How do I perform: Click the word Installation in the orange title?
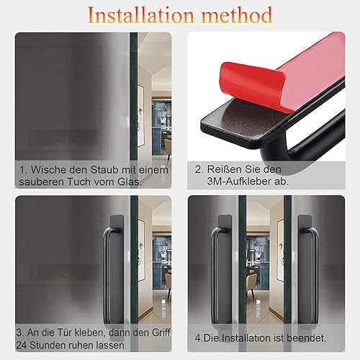pyautogui.click(x=140, y=15)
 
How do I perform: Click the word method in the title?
pyautogui.click(x=237, y=15)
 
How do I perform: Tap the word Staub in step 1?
pyautogui.click(x=104, y=170)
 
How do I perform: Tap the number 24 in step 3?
pyautogui.click(x=22, y=346)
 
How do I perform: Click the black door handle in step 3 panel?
pyautogui.click(x=114, y=272)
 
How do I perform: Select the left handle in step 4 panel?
pyautogui.click(x=221, y=272)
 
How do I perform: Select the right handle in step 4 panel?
pyautogui.click(x=307, y=272)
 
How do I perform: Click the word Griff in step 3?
pyautogui.click(x=161, y=333)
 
